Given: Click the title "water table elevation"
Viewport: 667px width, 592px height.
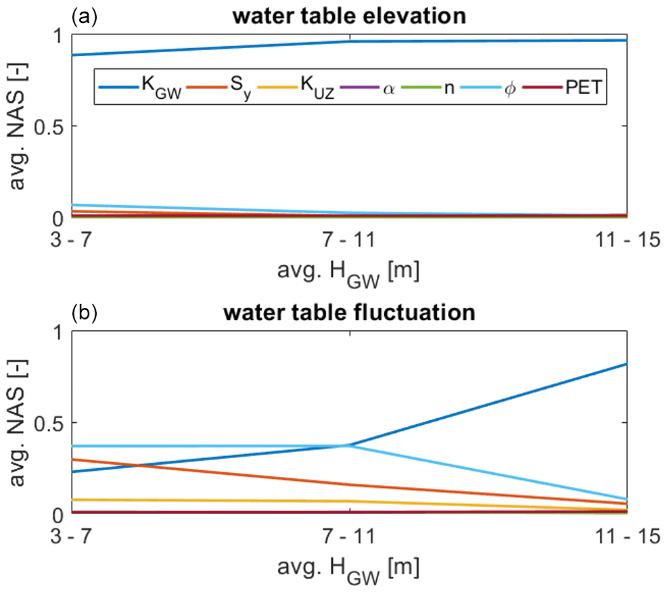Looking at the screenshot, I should point(348,16).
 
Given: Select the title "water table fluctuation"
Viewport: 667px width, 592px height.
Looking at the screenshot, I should point(348,313).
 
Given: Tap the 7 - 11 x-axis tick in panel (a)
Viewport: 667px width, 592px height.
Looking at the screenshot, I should point(348,240).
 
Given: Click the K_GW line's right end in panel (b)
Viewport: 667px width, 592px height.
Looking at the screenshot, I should point(627,364).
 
